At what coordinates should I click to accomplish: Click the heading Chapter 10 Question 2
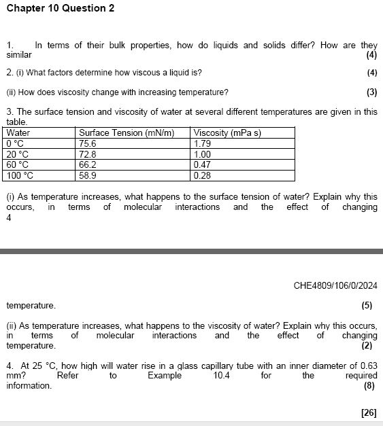[x=61, y=9]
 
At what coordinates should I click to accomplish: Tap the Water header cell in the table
[x=18, y=133]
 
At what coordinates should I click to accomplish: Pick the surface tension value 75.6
[x=88, y=143]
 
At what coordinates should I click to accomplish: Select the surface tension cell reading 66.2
[x=88, y=164]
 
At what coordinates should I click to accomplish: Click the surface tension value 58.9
[x=88, y=175]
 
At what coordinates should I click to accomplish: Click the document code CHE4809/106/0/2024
[x=335, y=285]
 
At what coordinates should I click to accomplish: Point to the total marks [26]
[x=369, y=412]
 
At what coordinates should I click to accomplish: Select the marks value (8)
[x=371, y=386]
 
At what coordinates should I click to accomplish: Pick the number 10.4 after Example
[x=222, y=376]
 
